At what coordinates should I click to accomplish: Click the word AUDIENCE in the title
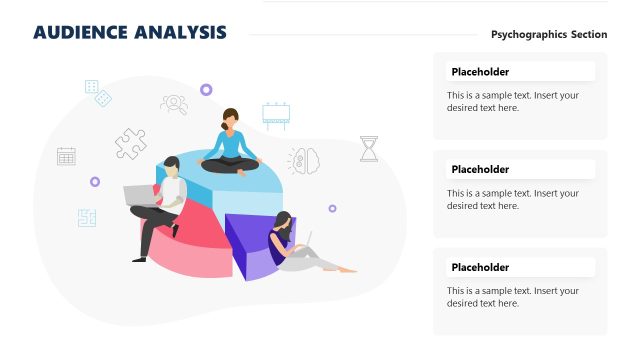[79, 33]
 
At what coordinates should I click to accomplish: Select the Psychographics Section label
[549, 34]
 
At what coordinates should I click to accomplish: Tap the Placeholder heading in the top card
[480, 72]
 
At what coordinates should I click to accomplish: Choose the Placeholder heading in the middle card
[480, 170]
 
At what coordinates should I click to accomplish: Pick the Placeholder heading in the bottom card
[480, 268]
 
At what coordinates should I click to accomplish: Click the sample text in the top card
[513, 102]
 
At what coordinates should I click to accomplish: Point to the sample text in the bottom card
[513, 297]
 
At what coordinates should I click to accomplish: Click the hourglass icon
[369, 149]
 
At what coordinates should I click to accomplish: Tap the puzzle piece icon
[130, 144]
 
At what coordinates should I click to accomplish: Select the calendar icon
[66, 156]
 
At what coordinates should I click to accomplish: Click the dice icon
[98, 93]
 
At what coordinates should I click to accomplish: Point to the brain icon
[304, 160]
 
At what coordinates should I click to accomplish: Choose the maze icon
[87, 217]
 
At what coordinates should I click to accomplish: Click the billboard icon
[276, 114]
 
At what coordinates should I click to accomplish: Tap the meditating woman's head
[231, 118]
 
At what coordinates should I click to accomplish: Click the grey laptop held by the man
[139, 194]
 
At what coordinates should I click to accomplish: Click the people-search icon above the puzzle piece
[174, 103]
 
